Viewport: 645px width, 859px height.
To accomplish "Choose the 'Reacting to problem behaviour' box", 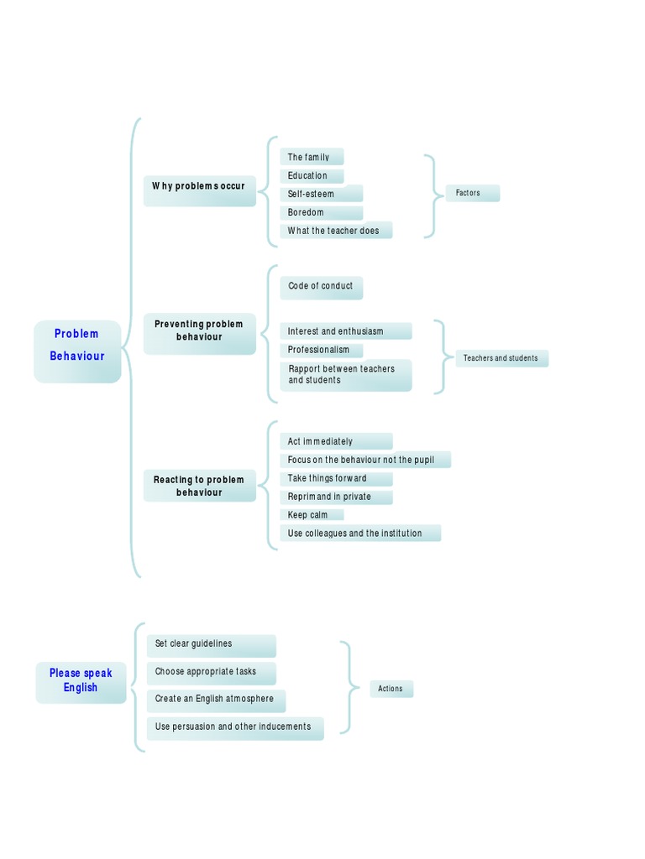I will pyautogui.click(x=199, y=486).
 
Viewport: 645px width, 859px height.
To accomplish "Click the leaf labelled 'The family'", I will pyautogui.click(x=311, y=157).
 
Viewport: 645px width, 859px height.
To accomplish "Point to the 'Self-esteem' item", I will pyautogui.click(x=320, y=194).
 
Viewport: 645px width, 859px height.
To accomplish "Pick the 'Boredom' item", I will pyautogui.click(x=320, y=212).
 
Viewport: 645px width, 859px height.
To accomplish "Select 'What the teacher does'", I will pyautogui.click(x=335, y=231).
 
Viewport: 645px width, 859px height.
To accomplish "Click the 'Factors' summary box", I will pyautogui.click(x=471, y=193).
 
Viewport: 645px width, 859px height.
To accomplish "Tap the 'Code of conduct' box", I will pyautogui.click(x=321, y=288).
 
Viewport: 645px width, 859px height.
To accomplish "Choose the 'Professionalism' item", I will pyautogui.click(x=320, y=350).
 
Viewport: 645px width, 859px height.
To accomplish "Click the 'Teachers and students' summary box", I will pyautogui.click(x=501, y=358).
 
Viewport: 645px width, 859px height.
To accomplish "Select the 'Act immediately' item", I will pyautogui.click(x=335, y=441).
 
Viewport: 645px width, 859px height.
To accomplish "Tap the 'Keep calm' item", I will pyautogui.click(x=311, y=515).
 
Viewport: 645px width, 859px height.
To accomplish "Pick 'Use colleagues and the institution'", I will pyautogui.click(x=359, y=534).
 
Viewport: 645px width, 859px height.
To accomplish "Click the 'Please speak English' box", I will pyautogui.click(x=81, y=680).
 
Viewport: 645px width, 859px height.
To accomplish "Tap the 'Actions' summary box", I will pyautogui.click(x=391, y=689).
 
